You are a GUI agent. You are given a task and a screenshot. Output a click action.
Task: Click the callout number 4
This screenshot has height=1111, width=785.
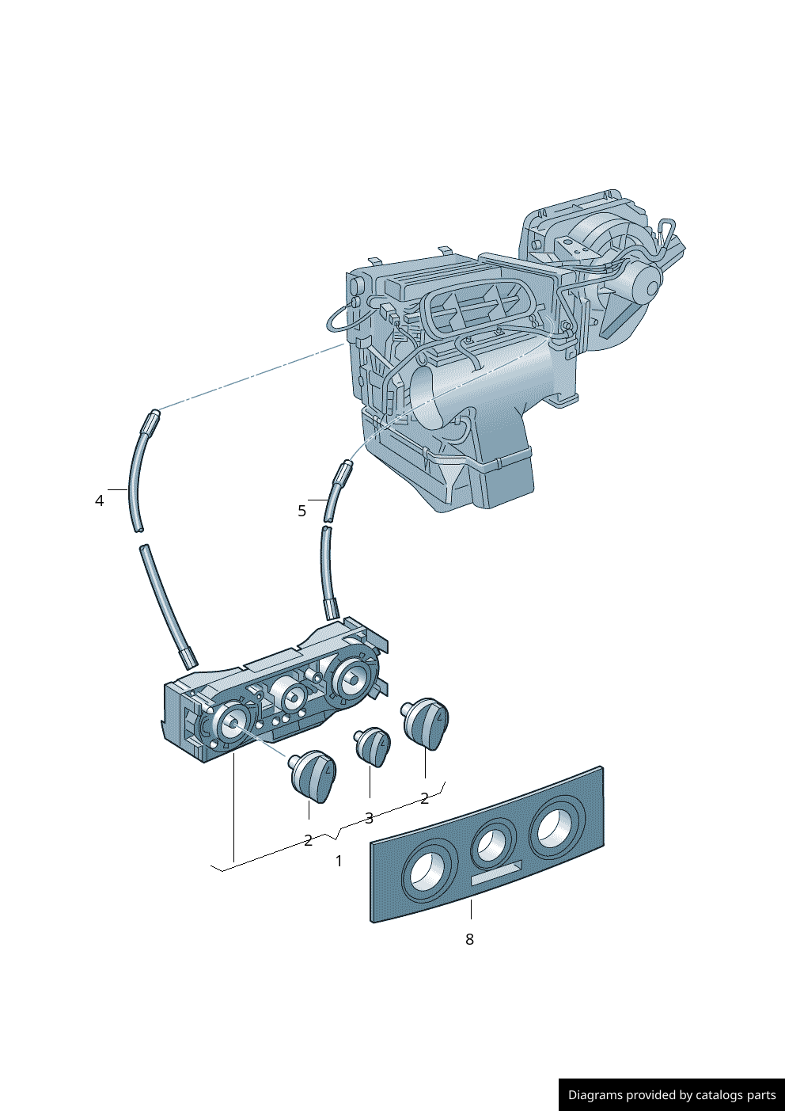click(99, 500)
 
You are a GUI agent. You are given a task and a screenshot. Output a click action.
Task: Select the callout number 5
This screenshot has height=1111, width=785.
click(301, 511)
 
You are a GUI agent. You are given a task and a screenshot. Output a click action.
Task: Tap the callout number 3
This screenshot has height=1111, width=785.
click(369, 818)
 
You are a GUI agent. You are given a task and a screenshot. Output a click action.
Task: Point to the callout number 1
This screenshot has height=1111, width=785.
click(339, 861)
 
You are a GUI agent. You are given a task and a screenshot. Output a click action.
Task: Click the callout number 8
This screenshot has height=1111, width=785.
click(469, 939)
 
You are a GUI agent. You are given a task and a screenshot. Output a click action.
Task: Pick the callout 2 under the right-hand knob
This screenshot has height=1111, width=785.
click(424, 798)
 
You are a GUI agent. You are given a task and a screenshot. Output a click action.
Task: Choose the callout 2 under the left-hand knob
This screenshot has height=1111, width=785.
click(308, 840)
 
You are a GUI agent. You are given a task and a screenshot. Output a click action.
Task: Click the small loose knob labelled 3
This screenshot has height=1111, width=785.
click(373, 746)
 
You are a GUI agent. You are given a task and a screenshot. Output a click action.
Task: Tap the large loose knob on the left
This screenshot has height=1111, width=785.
click(313, 775)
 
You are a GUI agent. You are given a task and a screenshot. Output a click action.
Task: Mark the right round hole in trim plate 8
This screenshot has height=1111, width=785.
click(556, 826)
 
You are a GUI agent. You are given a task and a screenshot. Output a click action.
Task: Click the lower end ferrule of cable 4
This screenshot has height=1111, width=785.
click(188, 657)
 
